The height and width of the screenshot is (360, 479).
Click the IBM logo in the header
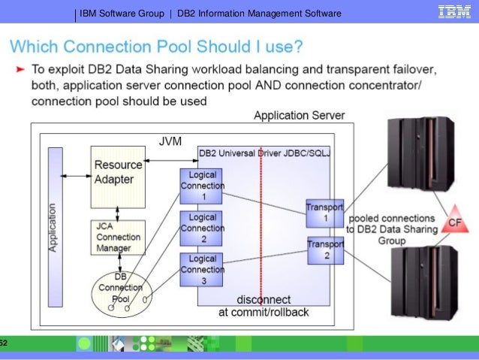point(454,13)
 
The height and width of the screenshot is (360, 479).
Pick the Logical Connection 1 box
point(202,186)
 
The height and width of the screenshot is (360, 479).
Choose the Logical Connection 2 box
point(202,228)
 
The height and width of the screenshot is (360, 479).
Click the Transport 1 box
point(324,212)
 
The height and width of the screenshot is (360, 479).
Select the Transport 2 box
point(325,250)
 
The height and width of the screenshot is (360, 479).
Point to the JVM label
point(170,141)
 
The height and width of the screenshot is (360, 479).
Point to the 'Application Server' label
point(299,116)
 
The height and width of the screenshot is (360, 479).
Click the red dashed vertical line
point(260,225)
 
